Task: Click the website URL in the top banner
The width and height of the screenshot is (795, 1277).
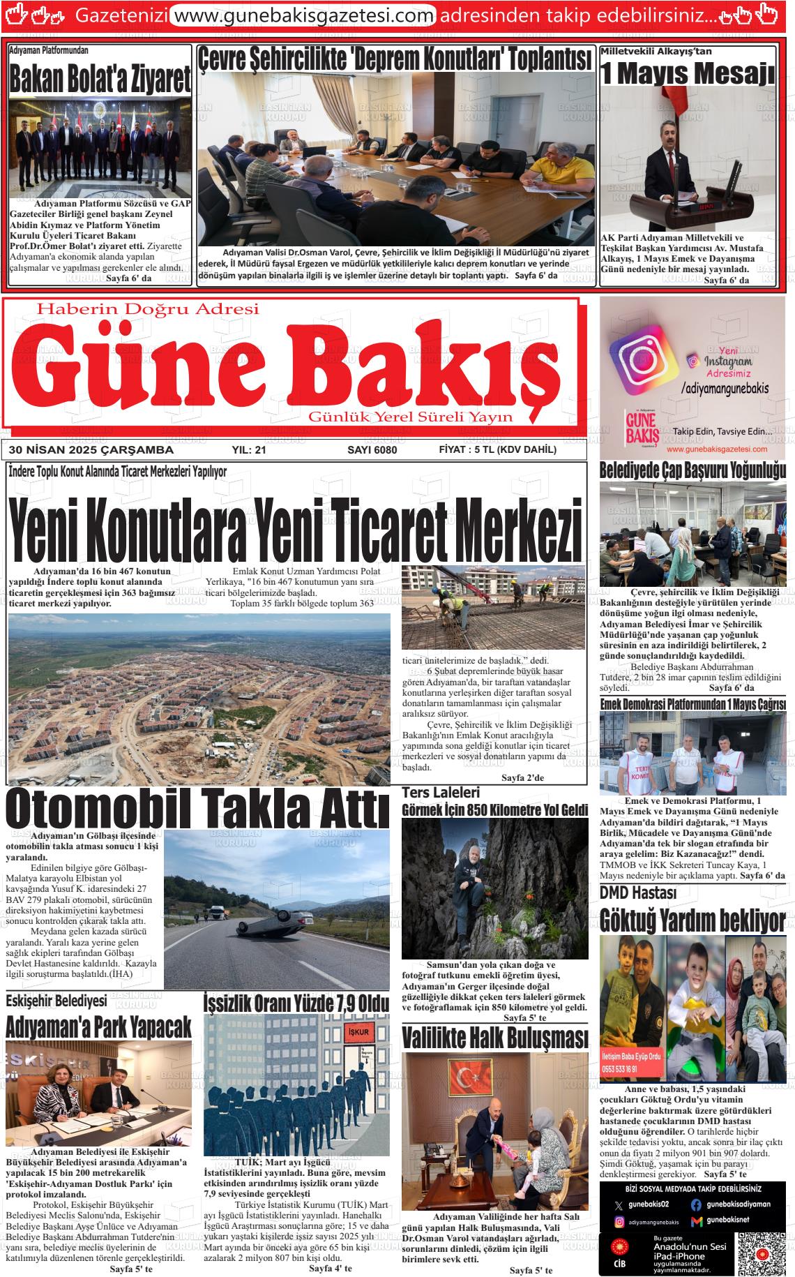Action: click(x=303, y=14)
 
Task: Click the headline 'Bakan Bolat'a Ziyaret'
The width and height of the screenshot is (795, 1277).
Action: click(x=100, y=80)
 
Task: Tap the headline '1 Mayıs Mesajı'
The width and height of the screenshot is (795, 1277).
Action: click(x=688, y=73)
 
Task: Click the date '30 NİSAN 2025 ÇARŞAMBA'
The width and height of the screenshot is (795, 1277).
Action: click(x=88, y=450)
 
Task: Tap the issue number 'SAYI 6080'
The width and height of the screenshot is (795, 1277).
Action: click(x=372, y=450)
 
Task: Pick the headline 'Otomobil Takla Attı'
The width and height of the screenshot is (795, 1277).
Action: click(x=197, y=809)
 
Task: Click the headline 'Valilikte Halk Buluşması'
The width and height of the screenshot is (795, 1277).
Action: click(x=495, y=1038)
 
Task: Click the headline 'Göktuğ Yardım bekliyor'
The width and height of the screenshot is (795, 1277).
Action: click(x=692, y=920)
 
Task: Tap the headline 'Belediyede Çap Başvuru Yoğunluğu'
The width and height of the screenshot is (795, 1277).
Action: click(x=692, y=470)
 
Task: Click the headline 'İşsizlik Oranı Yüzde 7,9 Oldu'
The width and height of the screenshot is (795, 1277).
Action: click(x=296, y=1003)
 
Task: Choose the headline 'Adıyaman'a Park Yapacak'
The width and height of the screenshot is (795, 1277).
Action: click(x=98, y=1027)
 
